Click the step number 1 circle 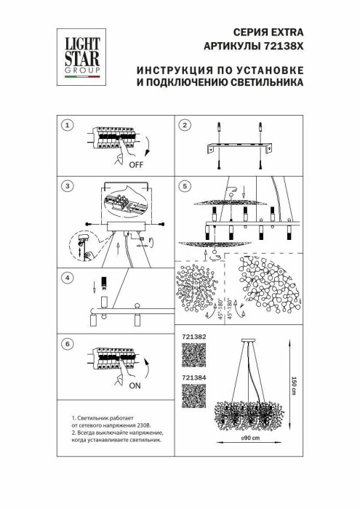[68, 126]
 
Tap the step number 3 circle [68, 187]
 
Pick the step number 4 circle [68, 277]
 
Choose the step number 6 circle [68, 342]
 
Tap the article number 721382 [191, 338]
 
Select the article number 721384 [191, 378]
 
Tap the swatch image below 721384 [191, 397]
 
